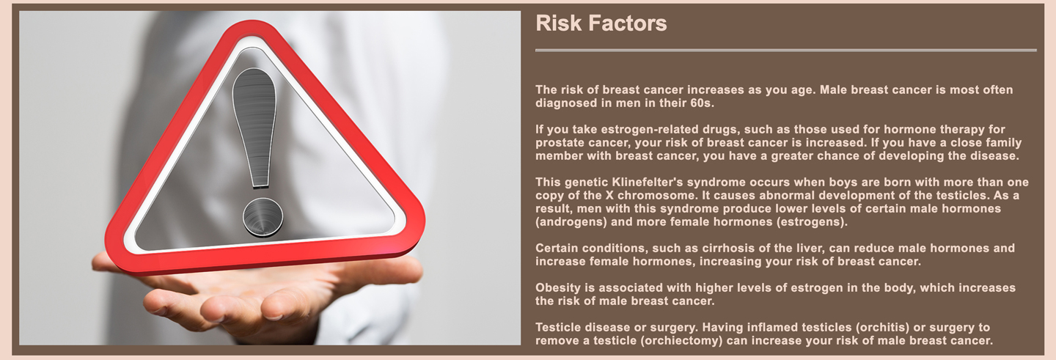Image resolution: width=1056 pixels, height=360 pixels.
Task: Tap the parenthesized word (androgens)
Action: pos(571,221)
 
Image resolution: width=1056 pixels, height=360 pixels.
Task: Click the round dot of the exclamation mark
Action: pos(263,217)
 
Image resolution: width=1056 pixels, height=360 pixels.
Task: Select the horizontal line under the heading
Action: pos(786,50)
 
